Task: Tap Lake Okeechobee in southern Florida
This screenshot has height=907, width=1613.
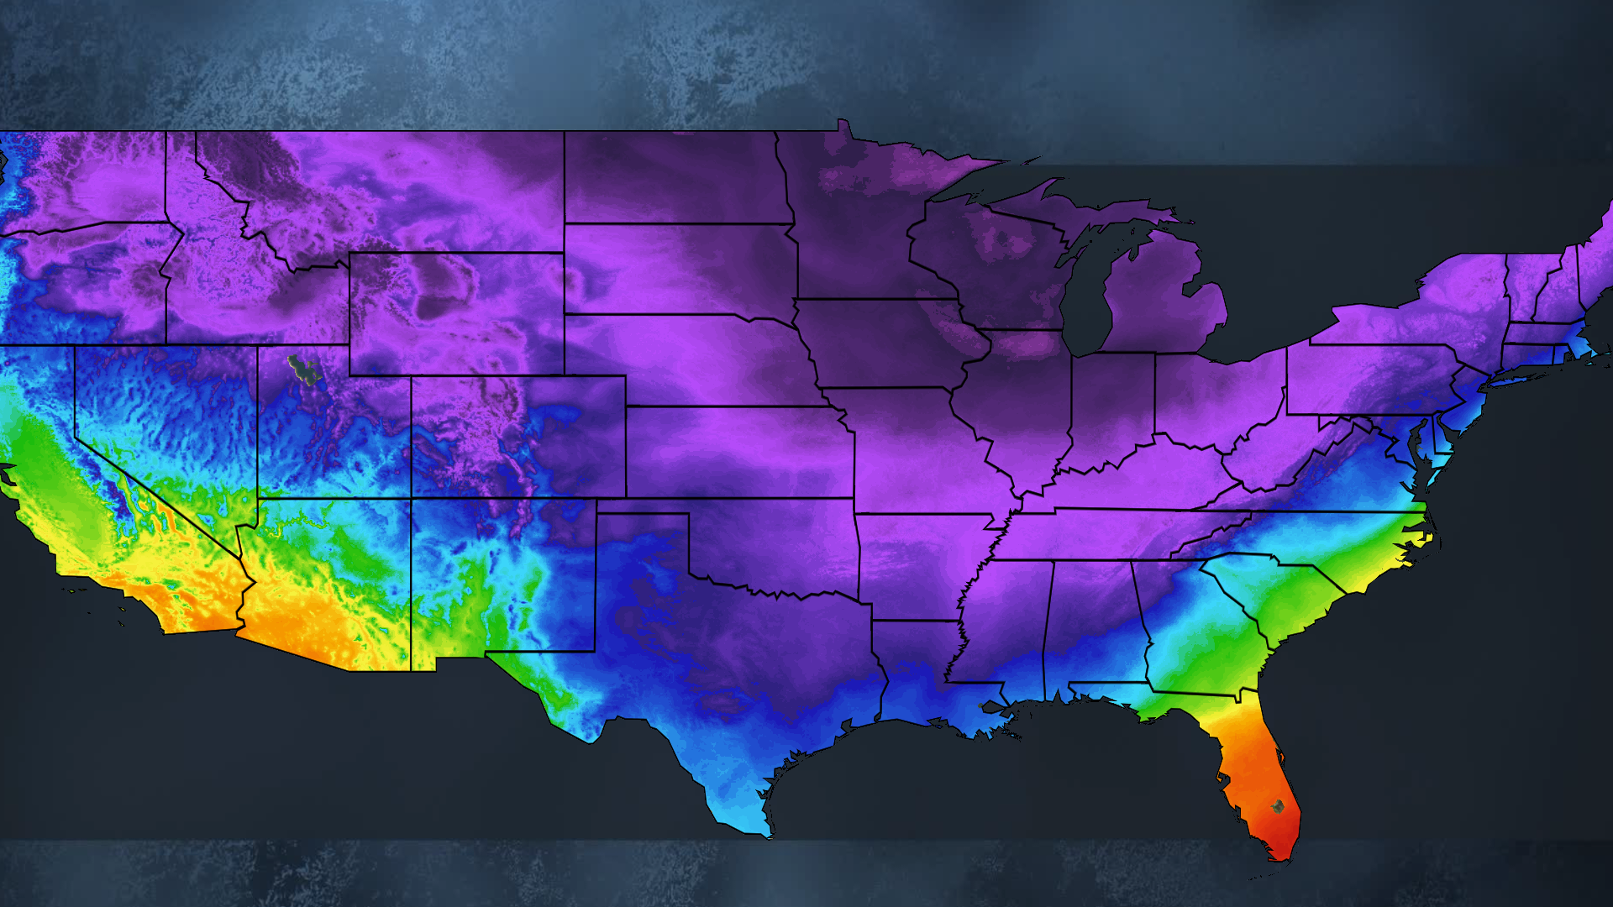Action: tap(1277, 806)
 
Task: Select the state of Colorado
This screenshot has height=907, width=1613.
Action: tap(517, 437)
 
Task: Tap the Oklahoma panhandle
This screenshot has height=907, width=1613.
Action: tap(643, 506)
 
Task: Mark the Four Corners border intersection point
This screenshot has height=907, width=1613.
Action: tap(411, 498)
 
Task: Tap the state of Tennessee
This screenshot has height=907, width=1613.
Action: tap(1117, 534)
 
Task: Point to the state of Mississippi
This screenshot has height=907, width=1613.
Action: tap(1004, 621)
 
